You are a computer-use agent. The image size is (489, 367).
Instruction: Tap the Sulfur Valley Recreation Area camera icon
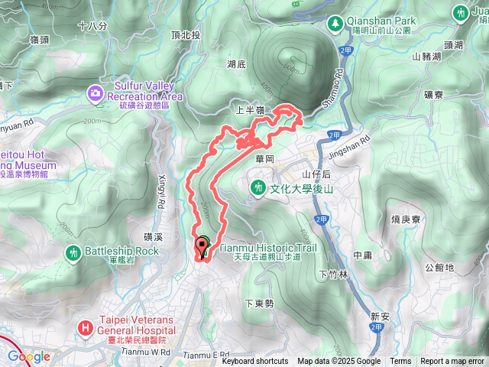(x=96, y=93)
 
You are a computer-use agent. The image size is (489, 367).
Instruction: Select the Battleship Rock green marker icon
(x=73, y=252)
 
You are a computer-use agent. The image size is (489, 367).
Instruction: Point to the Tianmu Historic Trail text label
(x=267, y=248)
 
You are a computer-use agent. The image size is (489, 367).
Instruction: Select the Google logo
(x=29, y=356)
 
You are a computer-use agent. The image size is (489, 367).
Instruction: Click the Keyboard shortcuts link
(x=255, y=362)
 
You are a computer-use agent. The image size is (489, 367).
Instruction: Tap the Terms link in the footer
(x=400, y=362)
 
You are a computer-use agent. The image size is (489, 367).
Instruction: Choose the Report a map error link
(x=453, y=362)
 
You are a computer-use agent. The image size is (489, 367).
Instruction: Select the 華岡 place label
(x=264, y=161)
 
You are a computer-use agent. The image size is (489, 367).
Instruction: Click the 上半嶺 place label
(x=250, y=110)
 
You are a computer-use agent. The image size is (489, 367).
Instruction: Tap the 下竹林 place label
(x=333, y=274)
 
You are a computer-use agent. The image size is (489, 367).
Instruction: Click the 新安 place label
(x=380, y=315)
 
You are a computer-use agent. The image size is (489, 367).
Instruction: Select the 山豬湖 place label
(x=426, y=56)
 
